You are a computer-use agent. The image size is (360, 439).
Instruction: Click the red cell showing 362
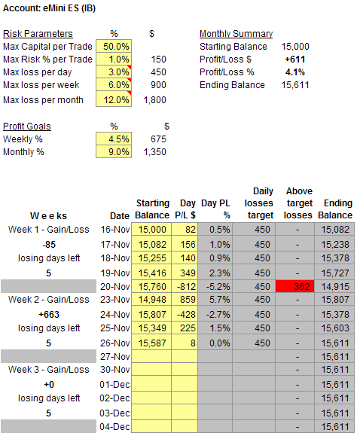294,286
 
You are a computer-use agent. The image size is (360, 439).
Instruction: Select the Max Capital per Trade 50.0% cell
114,46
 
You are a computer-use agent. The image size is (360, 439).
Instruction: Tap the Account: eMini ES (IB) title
49,8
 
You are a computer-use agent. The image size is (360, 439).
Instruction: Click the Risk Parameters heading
38,34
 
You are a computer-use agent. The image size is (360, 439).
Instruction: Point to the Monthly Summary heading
236,34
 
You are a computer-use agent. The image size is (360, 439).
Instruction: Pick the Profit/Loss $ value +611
295,59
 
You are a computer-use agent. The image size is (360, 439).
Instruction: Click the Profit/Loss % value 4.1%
295,72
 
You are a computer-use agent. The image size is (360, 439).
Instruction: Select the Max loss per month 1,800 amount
155,100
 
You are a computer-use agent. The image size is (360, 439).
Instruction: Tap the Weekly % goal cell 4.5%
114,139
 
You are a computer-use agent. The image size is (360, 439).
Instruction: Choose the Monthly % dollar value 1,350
155,152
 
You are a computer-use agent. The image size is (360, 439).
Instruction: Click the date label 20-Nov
115,287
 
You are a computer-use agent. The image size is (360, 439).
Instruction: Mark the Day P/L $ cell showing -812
185,286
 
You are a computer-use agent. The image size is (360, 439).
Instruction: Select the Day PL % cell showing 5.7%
215,299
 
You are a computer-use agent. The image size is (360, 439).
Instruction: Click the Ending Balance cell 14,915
334,286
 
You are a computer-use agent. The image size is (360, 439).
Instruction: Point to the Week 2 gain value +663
49,315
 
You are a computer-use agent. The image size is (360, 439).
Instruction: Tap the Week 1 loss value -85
49,245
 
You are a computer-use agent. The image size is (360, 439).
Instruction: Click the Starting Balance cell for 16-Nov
151,230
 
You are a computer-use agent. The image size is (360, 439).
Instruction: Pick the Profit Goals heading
27,127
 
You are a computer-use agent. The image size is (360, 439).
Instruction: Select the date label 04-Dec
114,427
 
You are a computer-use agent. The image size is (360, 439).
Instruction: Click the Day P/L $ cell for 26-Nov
185,343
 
